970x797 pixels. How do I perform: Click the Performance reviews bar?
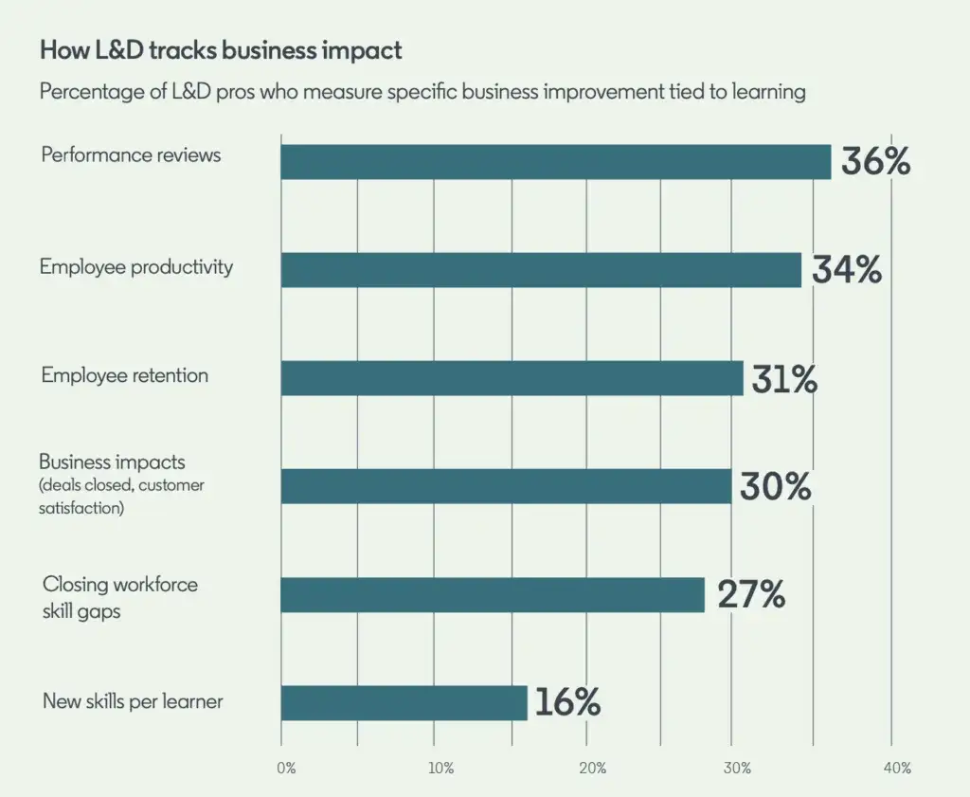[x=555, y=162]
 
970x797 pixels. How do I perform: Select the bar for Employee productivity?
[x=541, y=270]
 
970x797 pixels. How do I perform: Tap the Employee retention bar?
[x=512, y=378]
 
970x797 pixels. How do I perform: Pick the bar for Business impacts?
[x=506, y=486]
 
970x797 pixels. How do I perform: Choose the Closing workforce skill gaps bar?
[x=493, y=594]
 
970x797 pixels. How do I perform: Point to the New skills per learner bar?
[x=404, y=702]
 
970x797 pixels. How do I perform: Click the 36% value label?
[x=875, y=162]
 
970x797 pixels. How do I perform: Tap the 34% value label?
[x=846, y=270]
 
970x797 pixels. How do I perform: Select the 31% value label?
[x=784, y=379]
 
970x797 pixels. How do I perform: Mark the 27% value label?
[x=751, y=595]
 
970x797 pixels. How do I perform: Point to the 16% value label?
[x=567, y=703]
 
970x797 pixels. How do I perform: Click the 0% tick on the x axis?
[x=287, y=768]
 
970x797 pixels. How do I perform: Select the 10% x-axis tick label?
[x=440, y=768]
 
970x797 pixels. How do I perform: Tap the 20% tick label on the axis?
[x=592, y=768]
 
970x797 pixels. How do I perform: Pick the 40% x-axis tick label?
[x=897, y=768]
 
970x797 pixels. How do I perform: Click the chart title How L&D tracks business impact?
[x=221, y=51]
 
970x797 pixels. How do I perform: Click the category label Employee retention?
[x=124, y=375]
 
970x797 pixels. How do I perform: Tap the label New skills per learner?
[x=133, y=702]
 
